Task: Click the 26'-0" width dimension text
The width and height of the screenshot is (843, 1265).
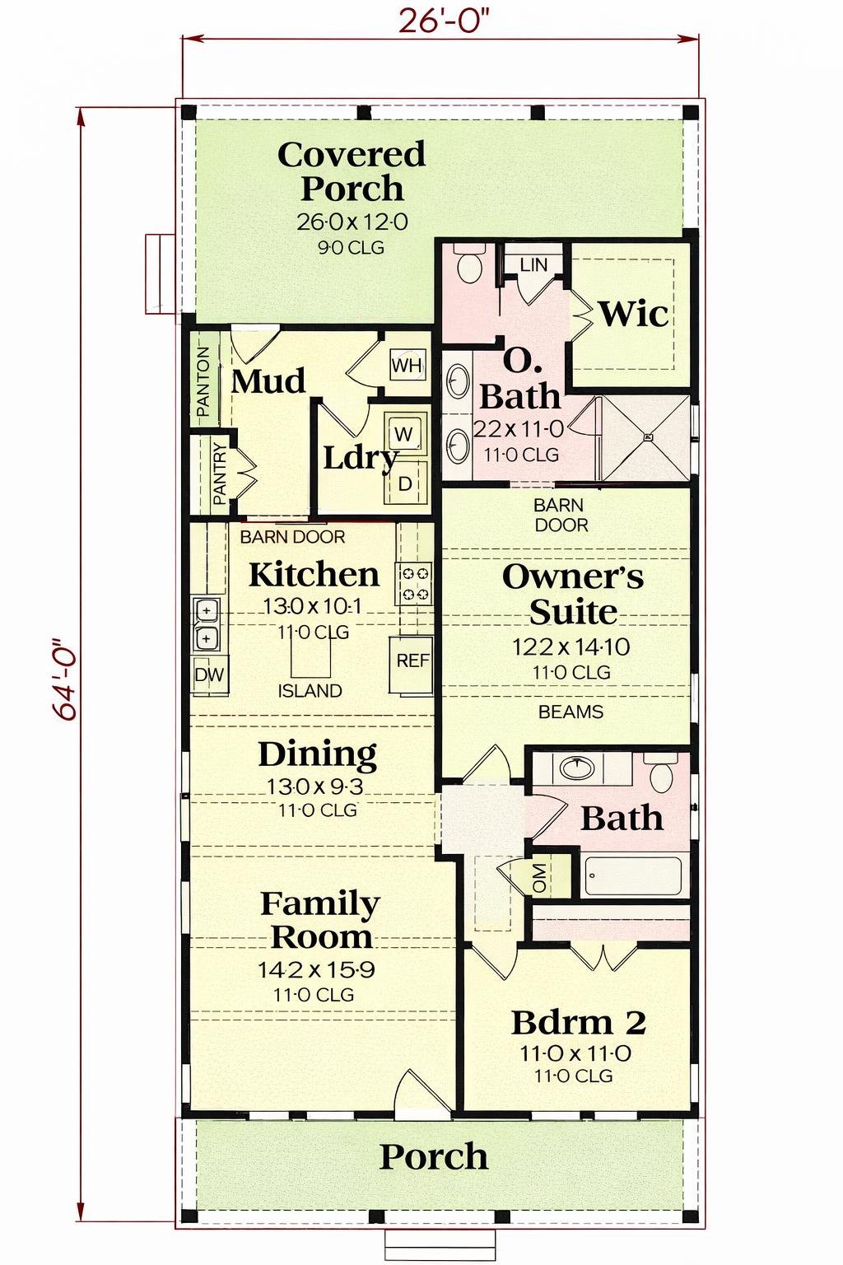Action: pyautogui.click(x=443, y=21)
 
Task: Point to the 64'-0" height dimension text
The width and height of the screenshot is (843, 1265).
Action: pyautogui.click(x=66, y=679)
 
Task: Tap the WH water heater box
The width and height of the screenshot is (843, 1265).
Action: pyautogui.click(x=407, y=365)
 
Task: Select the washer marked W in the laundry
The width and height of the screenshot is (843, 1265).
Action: pyautogui.click(x=403, y=433)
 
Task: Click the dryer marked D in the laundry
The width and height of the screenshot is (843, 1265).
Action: pyautogui.click(x=405, y=483)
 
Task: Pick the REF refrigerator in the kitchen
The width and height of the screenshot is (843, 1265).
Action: pyautogui.click(x=412, y=664)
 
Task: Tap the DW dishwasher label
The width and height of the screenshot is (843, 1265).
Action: pyautogui.click(x=209, y=675)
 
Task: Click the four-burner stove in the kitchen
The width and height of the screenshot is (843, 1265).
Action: pyautogui.click(x=414, y=583)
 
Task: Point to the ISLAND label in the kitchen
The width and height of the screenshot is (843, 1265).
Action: pyautogui.click(x=310, y=691)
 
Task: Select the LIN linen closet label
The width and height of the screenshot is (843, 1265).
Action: pyautogui.click(x=533, y=265)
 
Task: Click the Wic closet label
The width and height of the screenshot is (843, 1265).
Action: pyautogui.click(x=634, y=314)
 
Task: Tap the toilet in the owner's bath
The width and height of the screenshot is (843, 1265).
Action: pyautogui.click(x=469, y=263)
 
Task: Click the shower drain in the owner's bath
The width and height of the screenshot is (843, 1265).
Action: pyautogui.click(x=648, y=436)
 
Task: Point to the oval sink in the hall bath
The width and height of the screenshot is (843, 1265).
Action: pyautogui.click(x=577, y=768)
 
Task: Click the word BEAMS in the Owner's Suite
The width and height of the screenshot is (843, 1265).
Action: pyautogui.click(x=571, y=712)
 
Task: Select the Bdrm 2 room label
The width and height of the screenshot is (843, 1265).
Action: pyautogui.click(x=578, y=1022)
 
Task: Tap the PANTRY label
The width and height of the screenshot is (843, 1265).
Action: pyautogui.click(x=220, y=474)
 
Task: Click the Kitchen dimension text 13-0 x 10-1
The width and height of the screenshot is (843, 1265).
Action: pyautogui.click(x=313, y=606)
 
